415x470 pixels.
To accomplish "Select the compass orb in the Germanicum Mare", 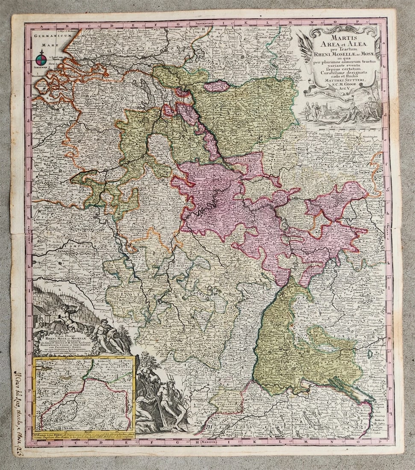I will [x=40, y=59].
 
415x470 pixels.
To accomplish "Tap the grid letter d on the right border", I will [x=386, y=115].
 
